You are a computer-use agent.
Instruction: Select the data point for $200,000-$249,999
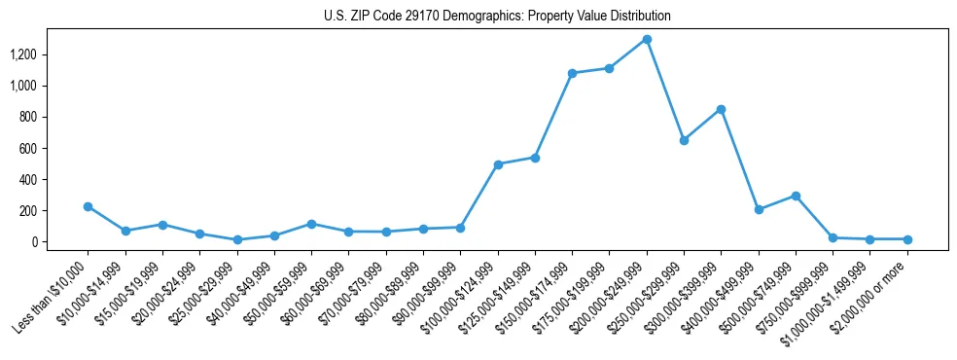point(647,39)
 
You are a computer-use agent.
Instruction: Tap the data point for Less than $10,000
point(88,206)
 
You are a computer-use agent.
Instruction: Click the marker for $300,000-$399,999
point(721,109)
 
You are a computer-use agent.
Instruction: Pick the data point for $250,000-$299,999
point(684,140)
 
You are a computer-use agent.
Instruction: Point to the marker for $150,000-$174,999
point(572,73)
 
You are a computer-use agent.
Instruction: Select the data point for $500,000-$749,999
point(796,196)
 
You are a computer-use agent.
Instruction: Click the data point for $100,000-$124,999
point(498,164)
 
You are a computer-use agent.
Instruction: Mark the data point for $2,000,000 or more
point(907,239)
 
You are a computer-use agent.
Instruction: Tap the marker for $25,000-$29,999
point(237,239)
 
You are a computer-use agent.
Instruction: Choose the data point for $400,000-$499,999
point(759,209)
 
